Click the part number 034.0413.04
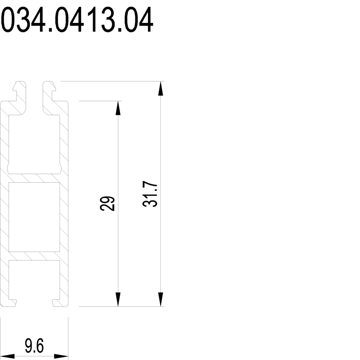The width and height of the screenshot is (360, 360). tap(77, 19)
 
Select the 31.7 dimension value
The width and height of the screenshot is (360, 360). tap(150, 194)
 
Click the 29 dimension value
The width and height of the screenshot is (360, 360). tap(107, 203)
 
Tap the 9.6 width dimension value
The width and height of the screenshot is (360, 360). tap(34, 346)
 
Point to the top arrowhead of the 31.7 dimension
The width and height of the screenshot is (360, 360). tap(161, 88)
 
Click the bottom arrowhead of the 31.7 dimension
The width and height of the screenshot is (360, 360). tap(161, 299)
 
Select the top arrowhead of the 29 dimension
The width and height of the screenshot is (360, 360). tap(118, 108)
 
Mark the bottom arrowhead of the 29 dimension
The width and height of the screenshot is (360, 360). tap(118, 299)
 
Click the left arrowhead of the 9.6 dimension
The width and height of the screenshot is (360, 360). tap(7, 356)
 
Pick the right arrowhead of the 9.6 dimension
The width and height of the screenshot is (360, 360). tap(61, 356)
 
